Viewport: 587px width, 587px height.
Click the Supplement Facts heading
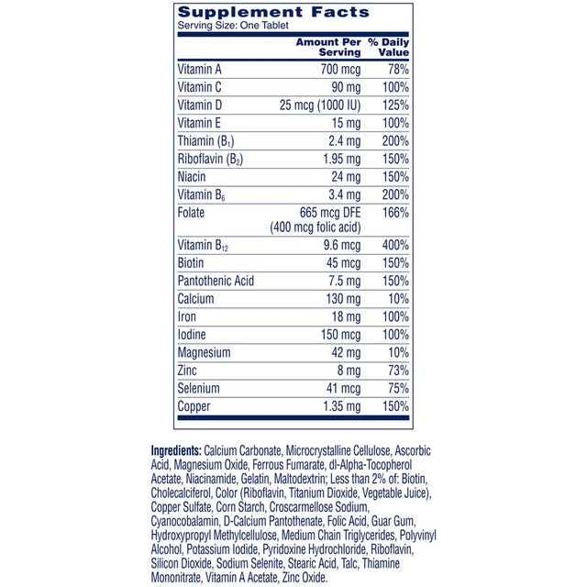point(272,13)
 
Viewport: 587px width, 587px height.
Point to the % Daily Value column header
point(388,48)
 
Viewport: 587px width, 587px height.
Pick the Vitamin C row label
point(199,87)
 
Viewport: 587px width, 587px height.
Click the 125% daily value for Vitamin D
point(395,105)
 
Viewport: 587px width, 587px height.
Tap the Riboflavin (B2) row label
point(211,158)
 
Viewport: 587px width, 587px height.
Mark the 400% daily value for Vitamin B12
point(395,247)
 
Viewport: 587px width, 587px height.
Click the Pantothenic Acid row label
point(216,281)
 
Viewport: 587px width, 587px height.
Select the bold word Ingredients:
point(175,451)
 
